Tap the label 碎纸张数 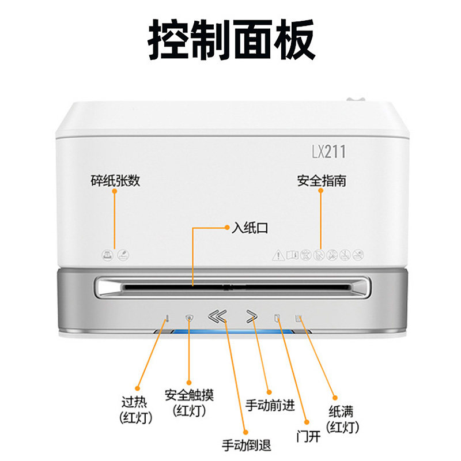coord(115,180)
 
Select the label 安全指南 coord(321,180)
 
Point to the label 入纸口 coord(250,228)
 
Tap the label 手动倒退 coord(246,445)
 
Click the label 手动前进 coord(270,405)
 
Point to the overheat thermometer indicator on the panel coord(167,317)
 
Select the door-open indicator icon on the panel coord(277,317)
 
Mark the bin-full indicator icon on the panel coord(298,317)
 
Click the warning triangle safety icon coord(278,254)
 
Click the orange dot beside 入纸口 coord(226,228)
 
